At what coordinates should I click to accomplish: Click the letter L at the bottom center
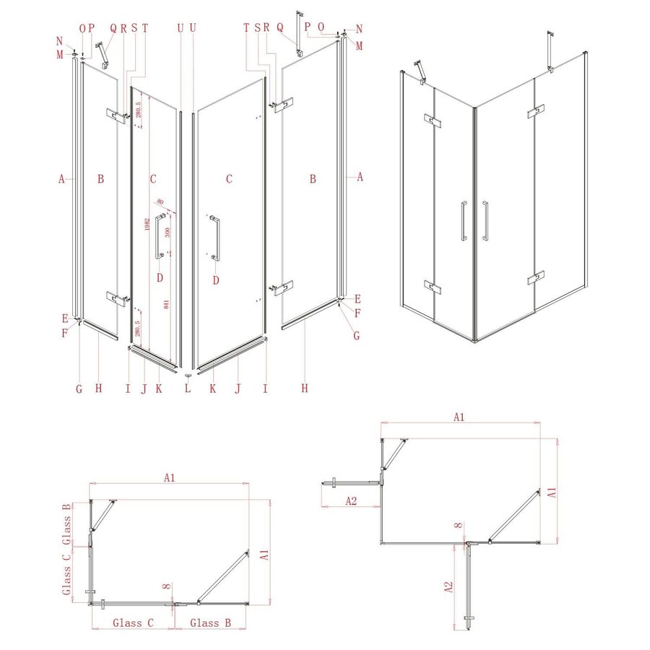click(187, 388)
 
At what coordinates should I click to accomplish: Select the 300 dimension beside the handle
click(167, 233)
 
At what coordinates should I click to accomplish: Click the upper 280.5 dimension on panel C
click(139, 112)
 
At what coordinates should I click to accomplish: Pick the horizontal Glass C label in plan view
click(132, 622)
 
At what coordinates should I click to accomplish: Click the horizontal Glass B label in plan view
click(210, 622)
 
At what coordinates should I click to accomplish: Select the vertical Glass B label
click(66, 519)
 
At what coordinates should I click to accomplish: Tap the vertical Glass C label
click(66, 574)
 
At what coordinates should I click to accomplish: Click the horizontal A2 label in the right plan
click(350, 500)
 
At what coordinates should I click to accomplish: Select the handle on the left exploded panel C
click(158, 236)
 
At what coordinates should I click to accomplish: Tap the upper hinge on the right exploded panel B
click(282, 104)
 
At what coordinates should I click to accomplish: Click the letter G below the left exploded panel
click(79, 388)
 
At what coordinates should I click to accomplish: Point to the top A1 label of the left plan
click(169, 477)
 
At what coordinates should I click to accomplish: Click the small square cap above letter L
click(188, 375)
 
